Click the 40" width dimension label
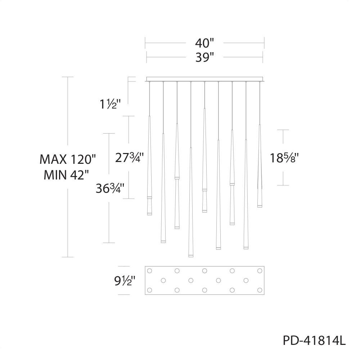pos(204,43)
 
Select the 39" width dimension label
pos(204,57)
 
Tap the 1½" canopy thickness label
pos(110,104)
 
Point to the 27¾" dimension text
pos(130,158)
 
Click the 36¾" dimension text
pos(110,189)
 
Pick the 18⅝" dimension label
pos(284,158)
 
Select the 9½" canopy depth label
pos(125,280)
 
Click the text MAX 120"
pos(68,159)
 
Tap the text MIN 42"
pos(66,175)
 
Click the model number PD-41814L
pos(314,341)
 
